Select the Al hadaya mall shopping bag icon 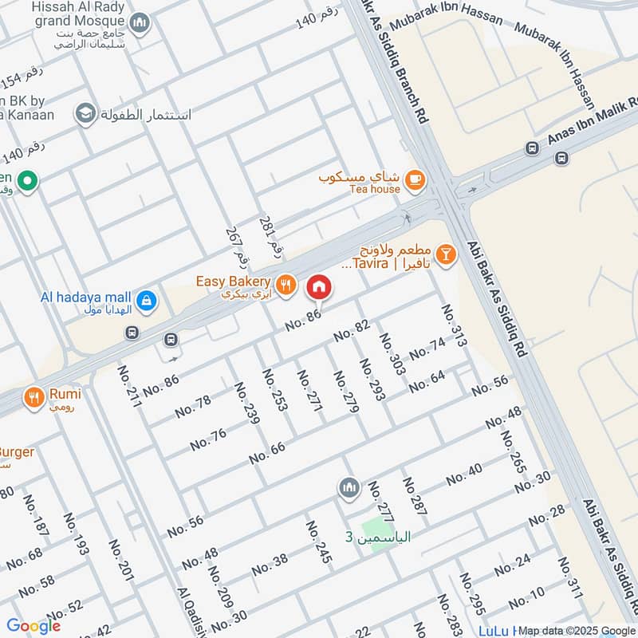coord(146,301)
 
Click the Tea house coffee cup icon coord(413,180)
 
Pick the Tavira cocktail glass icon coord(445,254)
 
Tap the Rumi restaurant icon coord(33,396)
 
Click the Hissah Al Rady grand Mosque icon coord(140,23)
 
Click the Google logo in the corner coord(34,626)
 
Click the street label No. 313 coord(452,325)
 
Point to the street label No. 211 coord(129,387)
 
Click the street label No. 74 coord(427,349)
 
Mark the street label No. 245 coord(318,542)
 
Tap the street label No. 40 coord(464,475)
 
